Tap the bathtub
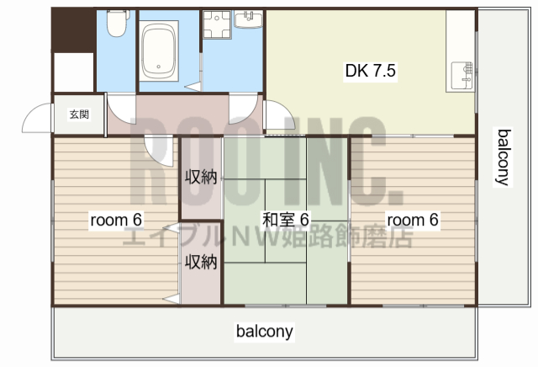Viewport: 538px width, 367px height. [159, 51]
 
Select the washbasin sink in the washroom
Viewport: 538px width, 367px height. [249, 19]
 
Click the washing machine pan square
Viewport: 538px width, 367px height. [217, 24]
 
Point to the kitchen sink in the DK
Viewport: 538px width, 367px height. [462, 76]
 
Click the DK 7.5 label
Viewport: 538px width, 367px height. [371, 71]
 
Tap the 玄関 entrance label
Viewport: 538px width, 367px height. [79, 114]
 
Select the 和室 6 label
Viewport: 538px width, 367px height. [286, 219]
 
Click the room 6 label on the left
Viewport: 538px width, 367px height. [116, 220]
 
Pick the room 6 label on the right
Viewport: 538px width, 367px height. [413, 220]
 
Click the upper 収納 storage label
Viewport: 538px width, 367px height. [201, 178]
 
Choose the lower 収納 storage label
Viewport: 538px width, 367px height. [201, 262]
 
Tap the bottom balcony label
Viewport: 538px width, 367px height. [265, 331]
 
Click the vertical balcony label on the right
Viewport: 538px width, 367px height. [503, 157]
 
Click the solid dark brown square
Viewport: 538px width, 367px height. [73, 30]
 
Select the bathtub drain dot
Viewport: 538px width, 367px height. [159, 66]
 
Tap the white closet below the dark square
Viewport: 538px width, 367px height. [74, 72]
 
